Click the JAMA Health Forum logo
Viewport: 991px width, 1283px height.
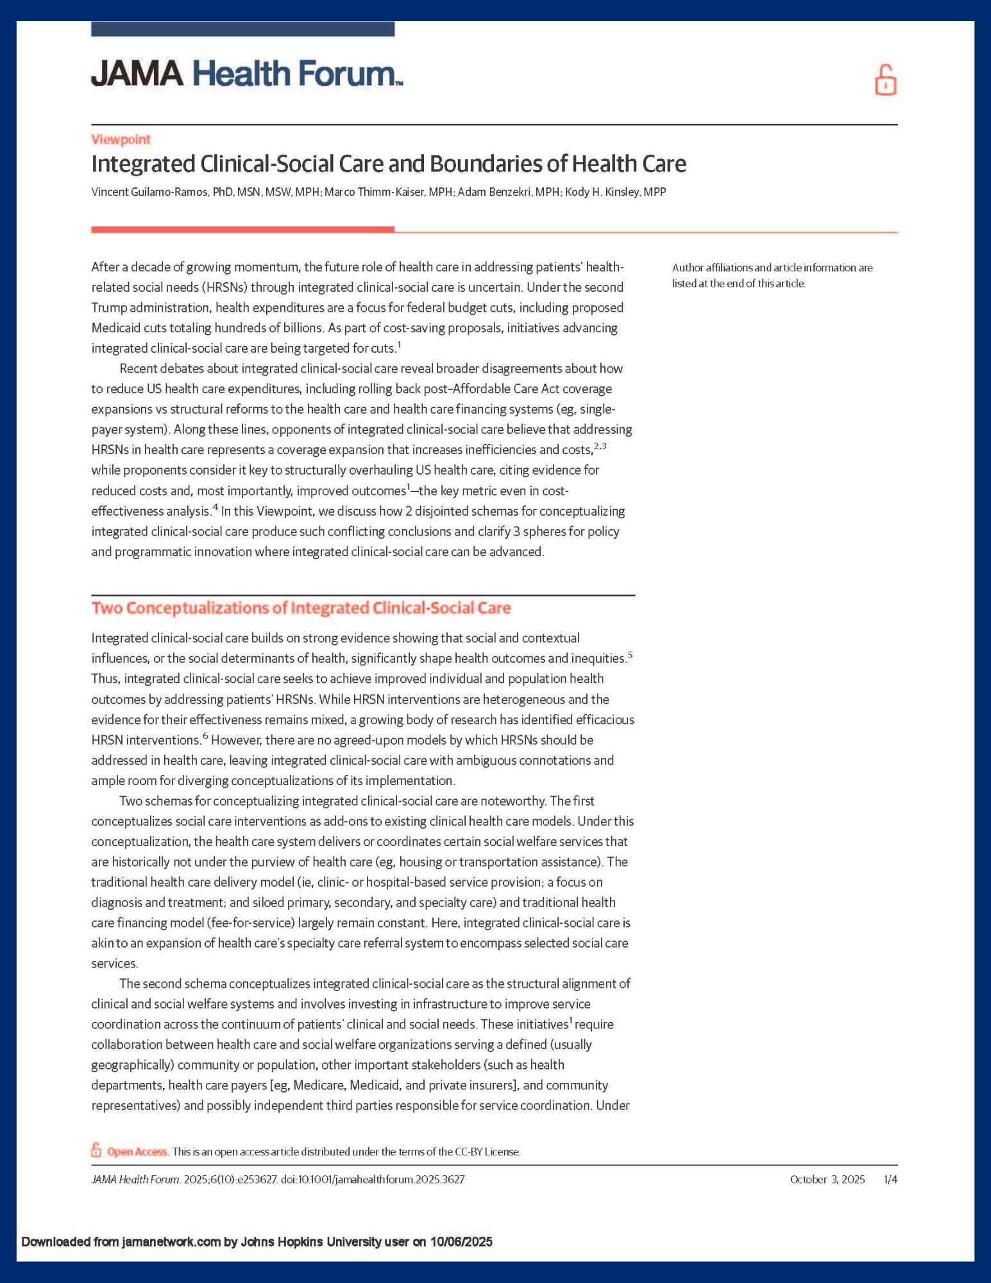click(246, 74)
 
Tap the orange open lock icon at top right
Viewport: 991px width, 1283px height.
click(885, 80)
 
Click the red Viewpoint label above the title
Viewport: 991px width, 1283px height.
click(121, 139)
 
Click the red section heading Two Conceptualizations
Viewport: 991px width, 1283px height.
click(301, 608)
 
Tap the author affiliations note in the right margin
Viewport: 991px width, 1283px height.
click(772, 275)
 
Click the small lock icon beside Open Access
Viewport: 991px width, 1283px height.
click(96, 1150)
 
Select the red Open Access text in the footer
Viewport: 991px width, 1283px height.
click(137, 1151)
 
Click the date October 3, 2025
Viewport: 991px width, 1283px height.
click(827, 1179)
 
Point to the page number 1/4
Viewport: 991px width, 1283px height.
click(890, 1179)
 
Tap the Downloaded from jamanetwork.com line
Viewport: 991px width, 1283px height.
click(257, 1241)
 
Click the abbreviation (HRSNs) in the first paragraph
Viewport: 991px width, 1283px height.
click(191, 287)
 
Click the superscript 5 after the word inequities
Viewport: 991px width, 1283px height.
click(630, 654)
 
